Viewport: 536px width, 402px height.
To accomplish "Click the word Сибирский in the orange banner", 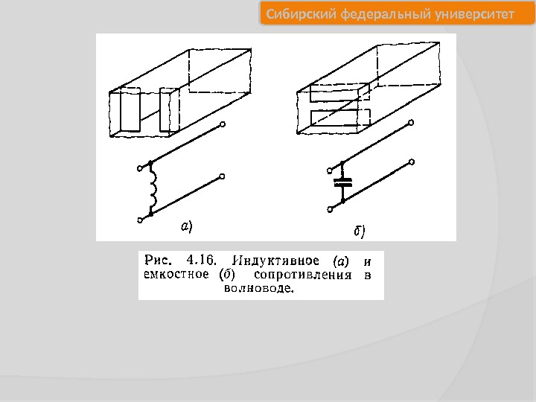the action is tap(301, 14).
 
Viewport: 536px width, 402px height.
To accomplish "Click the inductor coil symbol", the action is tap(153, 188).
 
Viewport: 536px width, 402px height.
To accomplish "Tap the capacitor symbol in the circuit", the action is tap(343, 182).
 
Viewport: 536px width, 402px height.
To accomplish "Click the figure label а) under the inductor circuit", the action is tap(187, 226).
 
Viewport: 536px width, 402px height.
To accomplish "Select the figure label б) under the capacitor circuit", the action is tap(360, 231).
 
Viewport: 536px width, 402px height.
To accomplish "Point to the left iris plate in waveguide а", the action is tap(130, 109).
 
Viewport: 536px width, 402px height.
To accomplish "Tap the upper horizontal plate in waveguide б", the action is tap(339, 92).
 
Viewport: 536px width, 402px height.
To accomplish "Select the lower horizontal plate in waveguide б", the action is tap(340, 118).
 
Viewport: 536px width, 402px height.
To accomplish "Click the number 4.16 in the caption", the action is tap(202, 261).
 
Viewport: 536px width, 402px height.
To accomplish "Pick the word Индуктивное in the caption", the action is tap(275, 261).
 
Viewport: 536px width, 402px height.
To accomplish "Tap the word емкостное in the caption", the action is tap(176, 275).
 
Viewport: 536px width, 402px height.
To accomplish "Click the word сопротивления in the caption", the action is tap(303, 275).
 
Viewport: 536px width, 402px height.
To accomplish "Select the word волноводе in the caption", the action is tap(259, 288).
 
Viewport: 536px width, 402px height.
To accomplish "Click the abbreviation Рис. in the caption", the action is tap(157, 261).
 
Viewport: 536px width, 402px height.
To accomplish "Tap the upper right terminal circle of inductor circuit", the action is tap(223, 124).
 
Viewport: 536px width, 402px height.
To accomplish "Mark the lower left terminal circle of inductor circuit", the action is tap(140, 220).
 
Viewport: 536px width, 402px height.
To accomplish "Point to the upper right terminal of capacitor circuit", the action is tap(411, 122).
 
